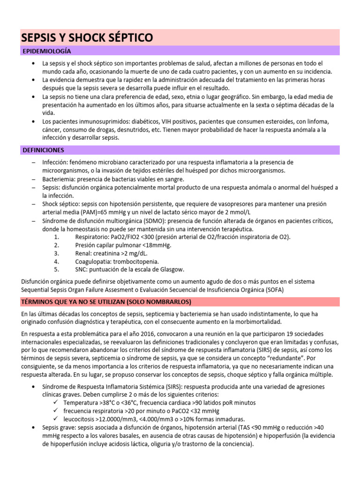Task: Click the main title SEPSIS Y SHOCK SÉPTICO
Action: [x=87, y=37]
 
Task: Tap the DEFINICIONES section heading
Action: [x=43, y=150]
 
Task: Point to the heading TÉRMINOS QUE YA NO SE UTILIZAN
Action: [x=107, y=301]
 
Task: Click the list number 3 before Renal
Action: [x=56, y=253]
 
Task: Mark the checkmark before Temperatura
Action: [x=56, y=403]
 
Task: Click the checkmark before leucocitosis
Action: [x=56, y=419]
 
